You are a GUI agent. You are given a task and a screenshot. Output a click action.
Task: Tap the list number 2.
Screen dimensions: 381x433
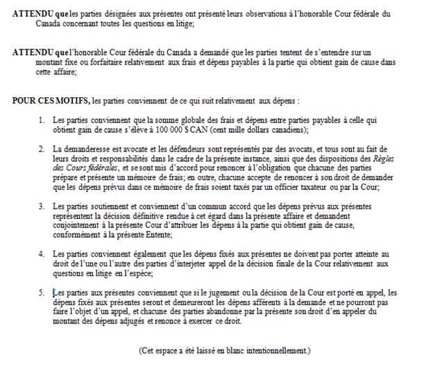coord(42,149)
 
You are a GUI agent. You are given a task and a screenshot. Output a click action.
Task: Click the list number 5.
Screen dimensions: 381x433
coord(42,292)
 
